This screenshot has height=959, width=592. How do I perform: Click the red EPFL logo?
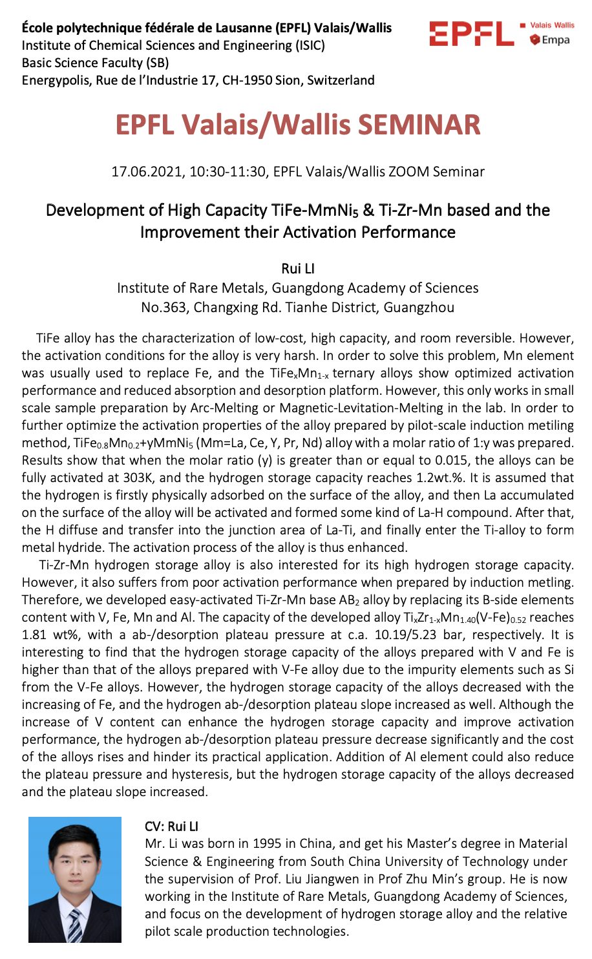tap(471, 34)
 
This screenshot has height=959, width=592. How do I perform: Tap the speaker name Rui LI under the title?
tap(297, 268)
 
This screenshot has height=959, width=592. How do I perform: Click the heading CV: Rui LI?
tap(171, 827)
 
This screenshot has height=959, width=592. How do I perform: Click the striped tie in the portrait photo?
tap(75, 925)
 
